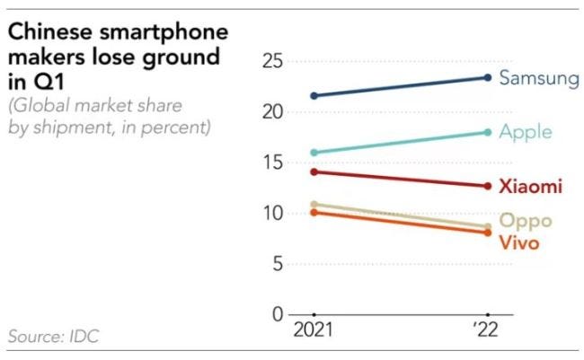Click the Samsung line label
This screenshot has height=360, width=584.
coord(538,78)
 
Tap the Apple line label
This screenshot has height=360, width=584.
coord(525,133)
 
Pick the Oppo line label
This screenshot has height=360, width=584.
coord(525,221)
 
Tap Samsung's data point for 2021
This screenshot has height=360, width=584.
coord(314,95)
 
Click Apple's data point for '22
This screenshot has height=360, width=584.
coord(487,132)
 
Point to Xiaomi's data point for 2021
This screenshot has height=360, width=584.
coord(314,171)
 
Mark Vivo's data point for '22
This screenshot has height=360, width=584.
coord(487,233)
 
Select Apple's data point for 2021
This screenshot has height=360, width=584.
coord(314,153)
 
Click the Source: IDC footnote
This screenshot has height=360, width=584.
coord(54,337)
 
